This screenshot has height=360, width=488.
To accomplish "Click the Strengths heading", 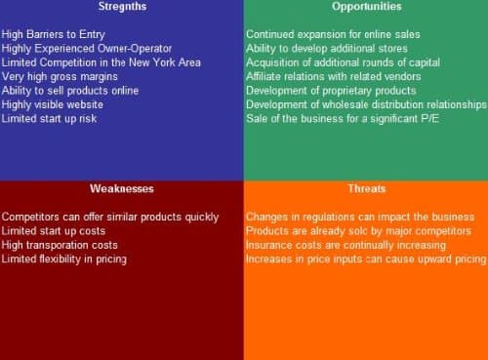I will (x=121, y=7).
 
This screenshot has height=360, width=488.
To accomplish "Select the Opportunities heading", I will (x=366, y=7).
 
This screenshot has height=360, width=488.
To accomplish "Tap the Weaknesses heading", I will (x=121, y=188).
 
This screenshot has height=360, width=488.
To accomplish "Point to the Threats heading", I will (x=366, y=188).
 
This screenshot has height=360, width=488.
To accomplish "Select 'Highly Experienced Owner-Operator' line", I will (x=87, y=48).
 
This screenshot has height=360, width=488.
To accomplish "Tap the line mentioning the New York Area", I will (x=102, y=62).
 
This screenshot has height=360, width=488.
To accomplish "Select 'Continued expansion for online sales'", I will (x=333, y=34).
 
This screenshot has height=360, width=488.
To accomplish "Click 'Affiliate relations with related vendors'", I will (x=334, y=76).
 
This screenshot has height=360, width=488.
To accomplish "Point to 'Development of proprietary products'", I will (x=331, y=91).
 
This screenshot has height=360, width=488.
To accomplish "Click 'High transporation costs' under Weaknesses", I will (x=60, y=245).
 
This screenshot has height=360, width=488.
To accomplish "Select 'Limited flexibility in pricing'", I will (x=64, y=260).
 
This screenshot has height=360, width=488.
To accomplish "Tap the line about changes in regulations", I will (x=360, y=217).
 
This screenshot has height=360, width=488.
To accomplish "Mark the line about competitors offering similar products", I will (x=110, y=217).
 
